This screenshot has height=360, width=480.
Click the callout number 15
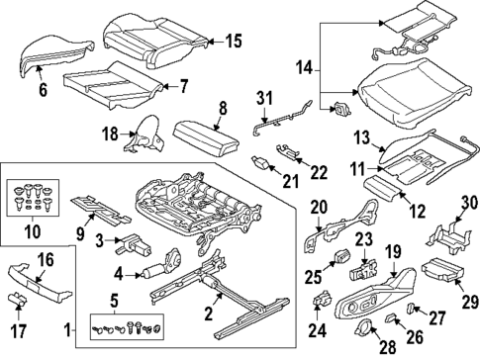233,41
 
